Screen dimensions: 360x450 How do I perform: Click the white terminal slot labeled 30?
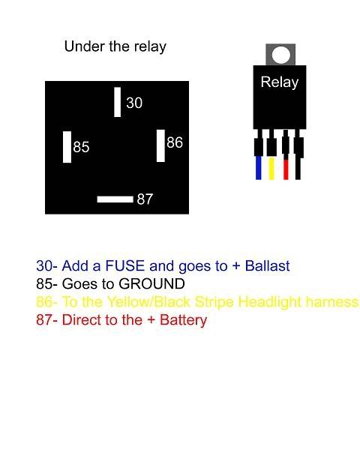[118, 102]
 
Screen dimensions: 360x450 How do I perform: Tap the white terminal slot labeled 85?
[67, 147]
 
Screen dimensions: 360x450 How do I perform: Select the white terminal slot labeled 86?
[160, 145]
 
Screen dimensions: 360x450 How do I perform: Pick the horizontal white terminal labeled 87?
[115, 199]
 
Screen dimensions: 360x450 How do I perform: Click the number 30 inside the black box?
[134, 103]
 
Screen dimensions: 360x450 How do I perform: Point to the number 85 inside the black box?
[81, 147]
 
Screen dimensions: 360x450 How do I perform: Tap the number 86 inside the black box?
[175, 142]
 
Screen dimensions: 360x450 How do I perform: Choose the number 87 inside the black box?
[145, 199]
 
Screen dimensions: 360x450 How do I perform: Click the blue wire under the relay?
[258, 168]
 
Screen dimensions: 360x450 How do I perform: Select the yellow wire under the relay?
[271, 168]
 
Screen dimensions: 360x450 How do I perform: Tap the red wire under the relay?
[286, 169]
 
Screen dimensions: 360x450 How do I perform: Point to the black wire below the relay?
[298, 169]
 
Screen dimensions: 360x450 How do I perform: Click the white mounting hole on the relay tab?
[280, 55]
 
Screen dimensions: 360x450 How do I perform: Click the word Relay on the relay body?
[280, 82]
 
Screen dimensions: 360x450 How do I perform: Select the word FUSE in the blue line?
[125, 265]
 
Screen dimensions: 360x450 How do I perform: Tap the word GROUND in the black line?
[151, 283]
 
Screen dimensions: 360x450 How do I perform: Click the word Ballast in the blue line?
[267, 265]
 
